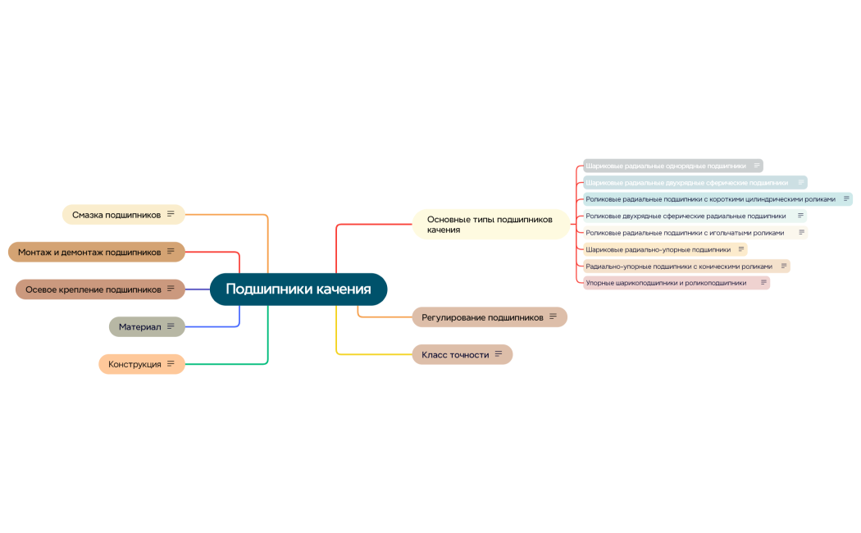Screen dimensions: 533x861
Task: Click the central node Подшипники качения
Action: coord(298,289)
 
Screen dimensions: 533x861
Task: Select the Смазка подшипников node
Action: coord(116,215)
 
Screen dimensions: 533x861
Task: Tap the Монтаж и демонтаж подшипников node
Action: coord(89,252)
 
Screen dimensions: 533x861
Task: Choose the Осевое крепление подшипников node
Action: coord(93,289)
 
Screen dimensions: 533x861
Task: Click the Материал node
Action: coord(139,327)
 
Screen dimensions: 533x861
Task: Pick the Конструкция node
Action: coord(134,364)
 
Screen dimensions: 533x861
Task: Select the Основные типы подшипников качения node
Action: coord(490,225)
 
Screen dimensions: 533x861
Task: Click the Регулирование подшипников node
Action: coord(482,317)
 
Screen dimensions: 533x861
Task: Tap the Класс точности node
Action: coord(455,355)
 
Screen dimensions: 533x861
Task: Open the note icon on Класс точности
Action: coord(498,354)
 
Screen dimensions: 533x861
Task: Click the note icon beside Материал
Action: coord(171,326)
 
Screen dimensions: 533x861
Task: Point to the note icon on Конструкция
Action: coord(171,363)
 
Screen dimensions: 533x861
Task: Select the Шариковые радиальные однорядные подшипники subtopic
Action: coord(666,166)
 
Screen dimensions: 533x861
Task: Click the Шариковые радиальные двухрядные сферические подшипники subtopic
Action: coord(686,183)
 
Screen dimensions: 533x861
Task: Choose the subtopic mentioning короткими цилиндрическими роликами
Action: coord(710,199)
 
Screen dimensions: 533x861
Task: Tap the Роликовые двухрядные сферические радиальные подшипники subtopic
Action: coord(686,216)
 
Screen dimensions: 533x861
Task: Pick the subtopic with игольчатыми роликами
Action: coord(685,233)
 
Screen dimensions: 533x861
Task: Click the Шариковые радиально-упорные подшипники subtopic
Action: coord(658,249)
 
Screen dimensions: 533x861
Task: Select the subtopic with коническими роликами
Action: coord(679,266)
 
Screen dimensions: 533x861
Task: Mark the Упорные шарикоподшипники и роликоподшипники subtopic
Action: coord(666,283)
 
